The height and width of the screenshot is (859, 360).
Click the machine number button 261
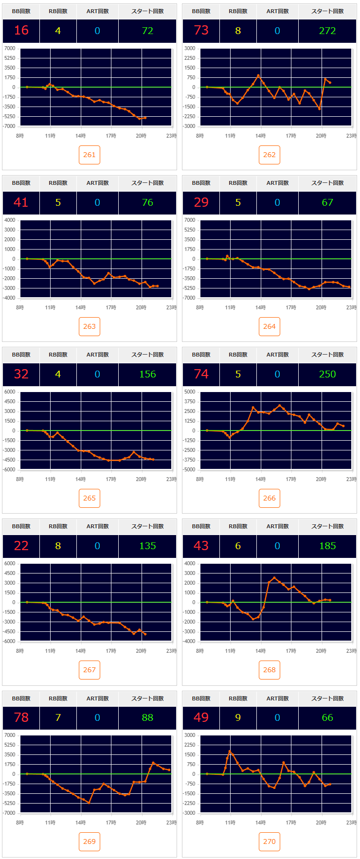tap(90, 155)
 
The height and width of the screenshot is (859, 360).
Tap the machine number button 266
tap(270, 498)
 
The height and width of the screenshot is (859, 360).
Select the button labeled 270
tap(270, 841)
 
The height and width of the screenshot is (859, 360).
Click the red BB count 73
tap(201, 31)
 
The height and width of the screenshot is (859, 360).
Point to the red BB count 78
tap(21, 717)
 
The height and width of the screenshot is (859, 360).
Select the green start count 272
tap(327, 31)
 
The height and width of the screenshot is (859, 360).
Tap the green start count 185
tap(327, 546)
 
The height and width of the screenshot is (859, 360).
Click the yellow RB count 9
tap(238, 717)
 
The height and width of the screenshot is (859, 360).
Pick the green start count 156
tap(147, 374)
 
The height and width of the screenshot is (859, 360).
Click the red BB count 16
tap(21, 31)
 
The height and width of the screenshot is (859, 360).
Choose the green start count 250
tap(327, 374)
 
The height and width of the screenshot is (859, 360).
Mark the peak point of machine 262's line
tap(258, 75)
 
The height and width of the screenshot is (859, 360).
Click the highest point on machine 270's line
tap(230, 751)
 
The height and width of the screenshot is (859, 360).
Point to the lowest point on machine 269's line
tap(89, 803)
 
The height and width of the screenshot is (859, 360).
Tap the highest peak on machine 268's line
tap(274, 578)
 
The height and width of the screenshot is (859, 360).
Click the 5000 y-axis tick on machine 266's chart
tap(190, 392)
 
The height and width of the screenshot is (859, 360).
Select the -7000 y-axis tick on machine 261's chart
tap(10, 126)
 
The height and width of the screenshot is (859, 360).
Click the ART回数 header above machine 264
tap(277, 183)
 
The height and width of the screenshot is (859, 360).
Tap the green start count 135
tap(147, 546)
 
